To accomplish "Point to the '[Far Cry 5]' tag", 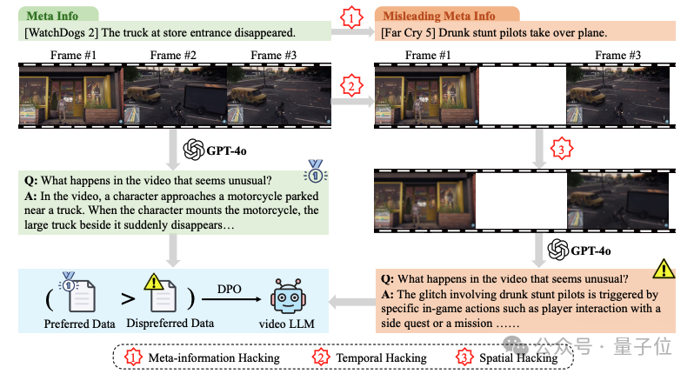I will [412, 33].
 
